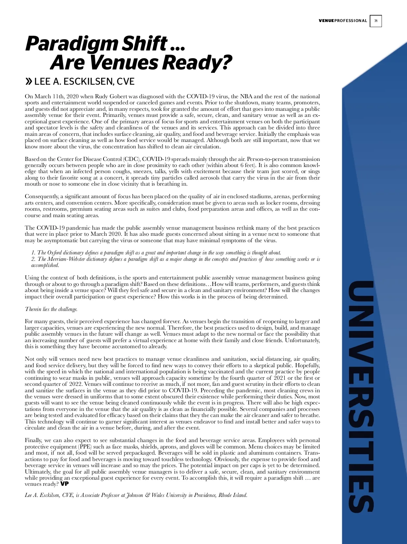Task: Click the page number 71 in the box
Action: coord(375,21)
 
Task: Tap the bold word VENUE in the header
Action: coord(326,21)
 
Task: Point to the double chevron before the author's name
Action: coord(29,81)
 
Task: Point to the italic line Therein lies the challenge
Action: coord(51,309)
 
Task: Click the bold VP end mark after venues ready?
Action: coord(64,484)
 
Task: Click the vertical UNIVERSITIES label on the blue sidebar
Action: coord(362,396)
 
